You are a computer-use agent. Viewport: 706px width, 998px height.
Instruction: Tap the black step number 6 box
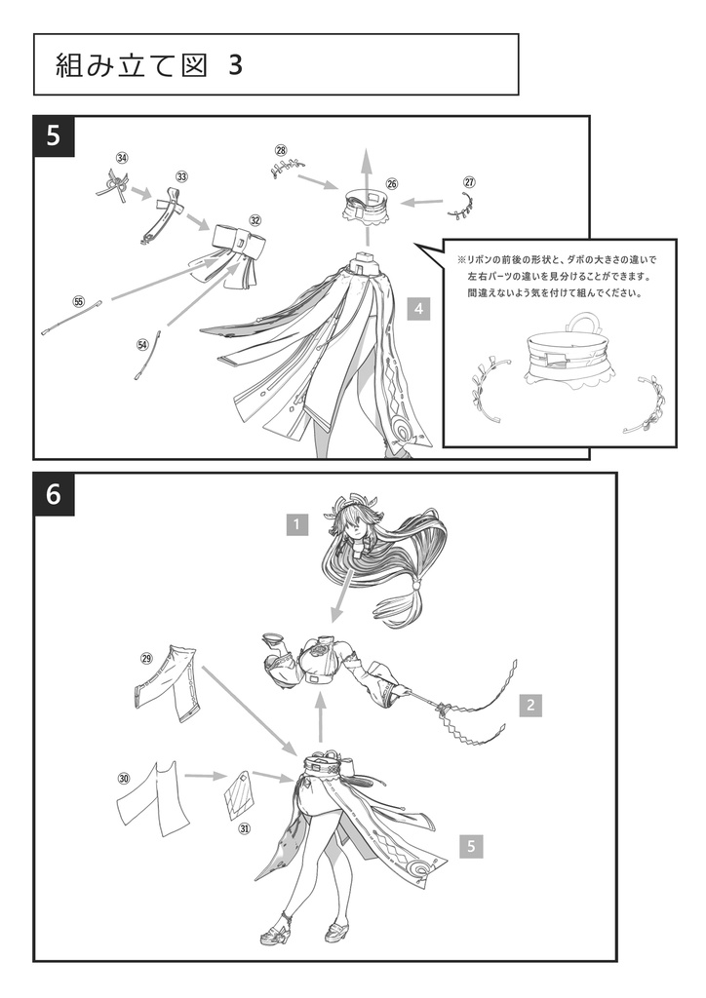pyautogui.click(x=54, y=494)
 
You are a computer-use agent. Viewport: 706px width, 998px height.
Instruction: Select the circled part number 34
pyautogui.click(x=122, y=158)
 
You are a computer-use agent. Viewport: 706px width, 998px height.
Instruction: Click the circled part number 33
pyautogui.click(x=181, y=176)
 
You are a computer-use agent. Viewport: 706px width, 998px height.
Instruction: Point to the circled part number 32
pyautogui.click(x=255, y=221)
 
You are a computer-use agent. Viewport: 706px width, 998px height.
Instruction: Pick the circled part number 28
pyautogui.click(x=281, y=150)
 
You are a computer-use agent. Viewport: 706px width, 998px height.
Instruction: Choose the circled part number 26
pyautogui.click(x=391, y=183)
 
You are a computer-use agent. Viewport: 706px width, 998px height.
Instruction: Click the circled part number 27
pyautogui.click(x=469, y=182)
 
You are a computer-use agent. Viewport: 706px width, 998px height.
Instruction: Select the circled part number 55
pyautogui.click(x=79, y=301)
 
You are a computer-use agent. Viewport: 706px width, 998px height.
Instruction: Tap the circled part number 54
pyautogui.click(x=142, y=344)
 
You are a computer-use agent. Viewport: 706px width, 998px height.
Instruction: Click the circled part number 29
pyautogui.click(x=146, y=659)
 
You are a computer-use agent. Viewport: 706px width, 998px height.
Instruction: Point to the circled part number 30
pyautogui.click(x=124, y=778)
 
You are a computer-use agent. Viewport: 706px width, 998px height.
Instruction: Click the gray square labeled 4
pyautogui.click(x=418, y=309)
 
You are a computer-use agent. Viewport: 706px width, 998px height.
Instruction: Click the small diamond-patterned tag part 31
pyautogui.click(x=238, y=793)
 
